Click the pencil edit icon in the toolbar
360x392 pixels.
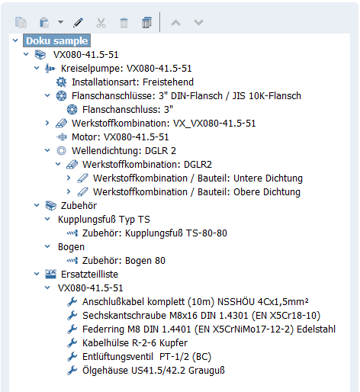click(x=78, y=23)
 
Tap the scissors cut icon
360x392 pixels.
click(x=101, y=23)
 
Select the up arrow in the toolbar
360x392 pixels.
click(x=175, y=23)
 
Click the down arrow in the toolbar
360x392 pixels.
click(x=198, y=23)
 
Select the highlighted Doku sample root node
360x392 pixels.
click(x=56, y=40)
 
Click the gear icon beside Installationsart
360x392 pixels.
click(x=61, y=82)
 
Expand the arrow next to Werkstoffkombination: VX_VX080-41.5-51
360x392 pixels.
click(x=47, y=123)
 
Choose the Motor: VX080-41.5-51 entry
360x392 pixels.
click(x=120, y=137)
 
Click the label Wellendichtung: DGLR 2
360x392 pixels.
click(x=124, y=151)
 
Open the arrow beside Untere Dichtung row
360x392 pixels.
click(x=69, y=178)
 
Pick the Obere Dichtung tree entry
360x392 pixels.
click(x=197, y=192)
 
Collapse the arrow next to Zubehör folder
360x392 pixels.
click(x=37, y=205)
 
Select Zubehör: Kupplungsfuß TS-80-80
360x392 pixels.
click(x=155, y=233)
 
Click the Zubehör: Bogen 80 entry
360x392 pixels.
click(x=124, y=261)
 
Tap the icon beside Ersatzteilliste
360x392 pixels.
click(x=50, y=274)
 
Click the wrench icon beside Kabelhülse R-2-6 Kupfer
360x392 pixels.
click(x=72, y=343)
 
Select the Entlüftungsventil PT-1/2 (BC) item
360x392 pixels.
click(x=146, y=357)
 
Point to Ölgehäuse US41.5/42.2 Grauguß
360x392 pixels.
click(x=153, y=371)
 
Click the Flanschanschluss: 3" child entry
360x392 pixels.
click(x=127, y=110)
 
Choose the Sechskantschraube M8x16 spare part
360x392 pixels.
click(x=201, y=316)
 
